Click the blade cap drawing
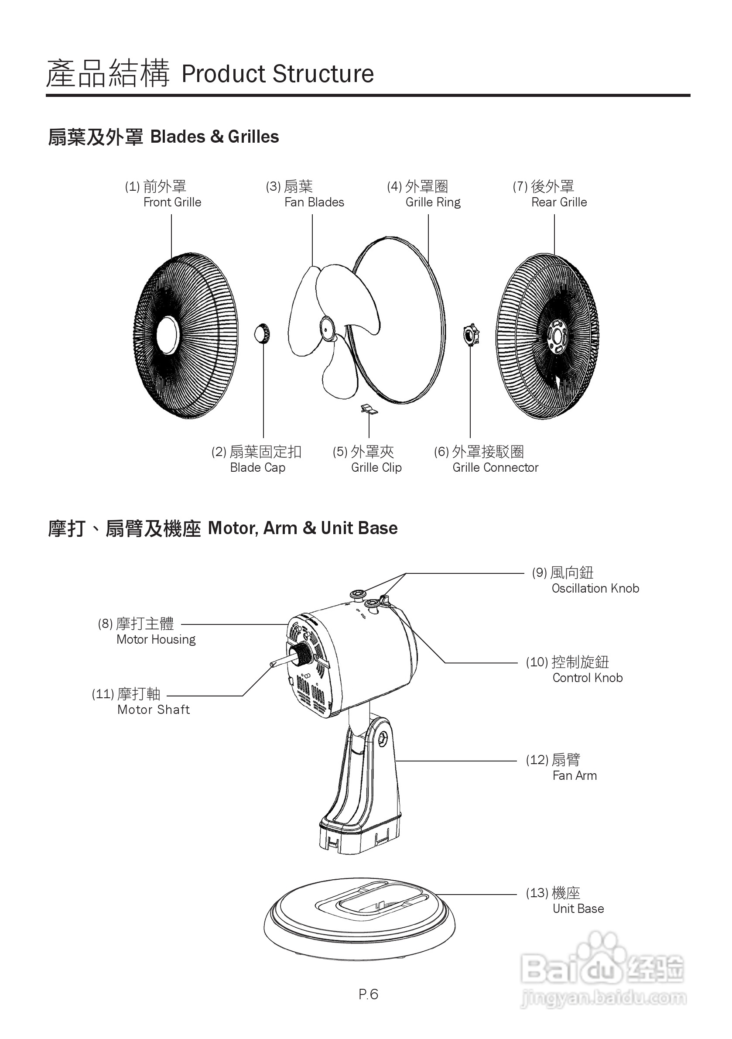tap(262, 334)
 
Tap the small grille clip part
tap(369, 409)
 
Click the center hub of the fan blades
tap(327, 329)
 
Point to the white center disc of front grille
tap(168, 335)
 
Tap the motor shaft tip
tap(273, 664)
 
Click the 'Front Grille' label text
tap(172, 202)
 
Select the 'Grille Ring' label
tap(432, 202)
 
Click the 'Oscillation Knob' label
tap(595, 588)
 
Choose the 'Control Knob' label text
tap(587, 677)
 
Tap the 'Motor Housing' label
tap(156, 639)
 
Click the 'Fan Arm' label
tap(574, 775)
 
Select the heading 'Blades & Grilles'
tap(214, 137)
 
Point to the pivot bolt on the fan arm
tap(383, 739)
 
